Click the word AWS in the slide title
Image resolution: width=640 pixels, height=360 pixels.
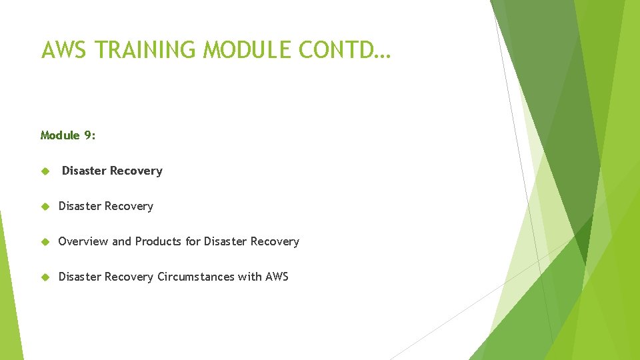[64, 50]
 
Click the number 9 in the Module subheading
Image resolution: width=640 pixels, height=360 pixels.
[89, 135]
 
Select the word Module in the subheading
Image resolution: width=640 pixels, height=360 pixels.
[60, 135]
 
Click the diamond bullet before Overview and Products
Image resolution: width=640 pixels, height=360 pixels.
[45, 242]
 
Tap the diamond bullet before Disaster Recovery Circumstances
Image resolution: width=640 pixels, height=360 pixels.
[45, 277]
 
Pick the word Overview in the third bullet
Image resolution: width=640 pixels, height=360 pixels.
[83, 241]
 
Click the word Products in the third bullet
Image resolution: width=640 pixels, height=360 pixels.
[159, 241]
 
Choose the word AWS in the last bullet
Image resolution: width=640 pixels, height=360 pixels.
[277, 277]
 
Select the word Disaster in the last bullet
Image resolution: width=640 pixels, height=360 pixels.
[81, 277]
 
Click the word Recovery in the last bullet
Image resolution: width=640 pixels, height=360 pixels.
[129, 277]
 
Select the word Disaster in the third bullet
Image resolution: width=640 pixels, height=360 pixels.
[226, 241]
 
